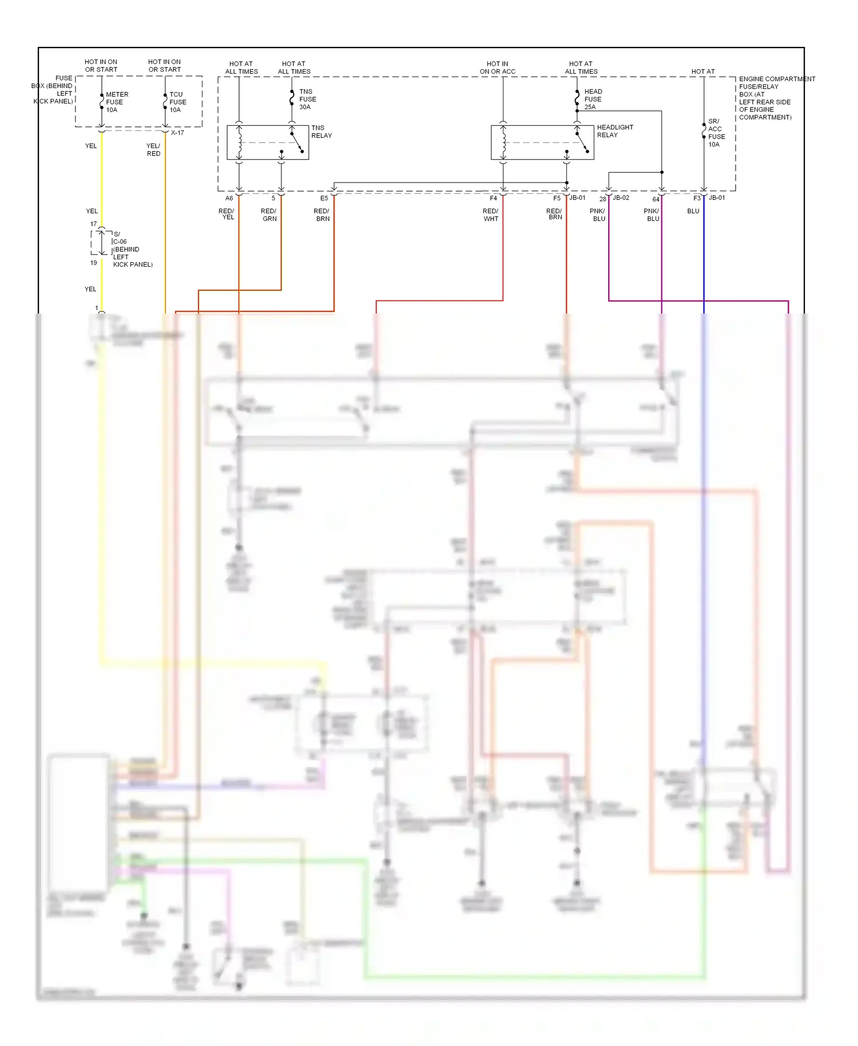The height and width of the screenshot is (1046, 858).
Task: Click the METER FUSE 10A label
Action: click(x=117, y=102)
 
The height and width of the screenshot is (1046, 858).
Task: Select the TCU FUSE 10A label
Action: click(x=177, y=102)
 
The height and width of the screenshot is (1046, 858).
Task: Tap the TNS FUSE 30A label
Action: click(x=307, y=100)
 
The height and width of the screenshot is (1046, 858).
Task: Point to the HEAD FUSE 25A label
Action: click(x=593, y=100)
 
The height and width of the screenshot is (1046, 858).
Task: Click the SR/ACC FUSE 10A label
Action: click(x=716, y=133)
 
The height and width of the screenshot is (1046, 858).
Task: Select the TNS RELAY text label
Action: click(x=321, y=132)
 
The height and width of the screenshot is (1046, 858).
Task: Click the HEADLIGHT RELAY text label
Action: click(x=615, y=132)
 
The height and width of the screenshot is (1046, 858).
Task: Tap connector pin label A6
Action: click(x=229, y=199)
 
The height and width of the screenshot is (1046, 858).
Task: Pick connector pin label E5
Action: click(x=324, y=199)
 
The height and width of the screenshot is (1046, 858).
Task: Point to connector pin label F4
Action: click(x=493, y=199)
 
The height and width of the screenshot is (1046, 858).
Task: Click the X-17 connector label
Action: click(x=177, y=133)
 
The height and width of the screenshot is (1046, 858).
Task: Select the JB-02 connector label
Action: click(x=621, y=198)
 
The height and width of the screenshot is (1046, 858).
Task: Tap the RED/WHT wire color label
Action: click(x=490, y=215)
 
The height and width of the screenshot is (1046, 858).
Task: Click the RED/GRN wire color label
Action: click(x=269, y=215)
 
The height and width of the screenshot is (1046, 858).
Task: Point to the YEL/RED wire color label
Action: click(x=153, y=150)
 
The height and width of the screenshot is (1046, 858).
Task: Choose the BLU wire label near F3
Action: click(x=693, y=211)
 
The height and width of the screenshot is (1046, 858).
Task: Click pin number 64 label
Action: click(x=656, y=200)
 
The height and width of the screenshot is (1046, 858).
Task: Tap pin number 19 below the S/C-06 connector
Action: click(x=93, y=263)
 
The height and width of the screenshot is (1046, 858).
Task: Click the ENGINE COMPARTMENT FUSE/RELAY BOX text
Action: click(x=776, y=98)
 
